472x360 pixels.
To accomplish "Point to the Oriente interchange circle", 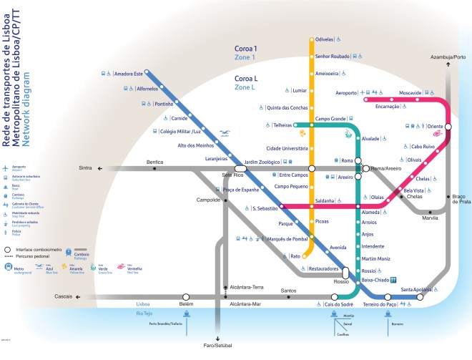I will pos(448,127).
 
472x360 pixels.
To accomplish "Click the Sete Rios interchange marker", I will pos(240,170).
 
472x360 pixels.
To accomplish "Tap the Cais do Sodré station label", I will pos(340,304).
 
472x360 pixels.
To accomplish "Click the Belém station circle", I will pos(186,296).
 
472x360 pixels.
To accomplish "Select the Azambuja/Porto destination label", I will pos(448,57).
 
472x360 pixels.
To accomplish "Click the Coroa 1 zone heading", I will pos(245,49).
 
